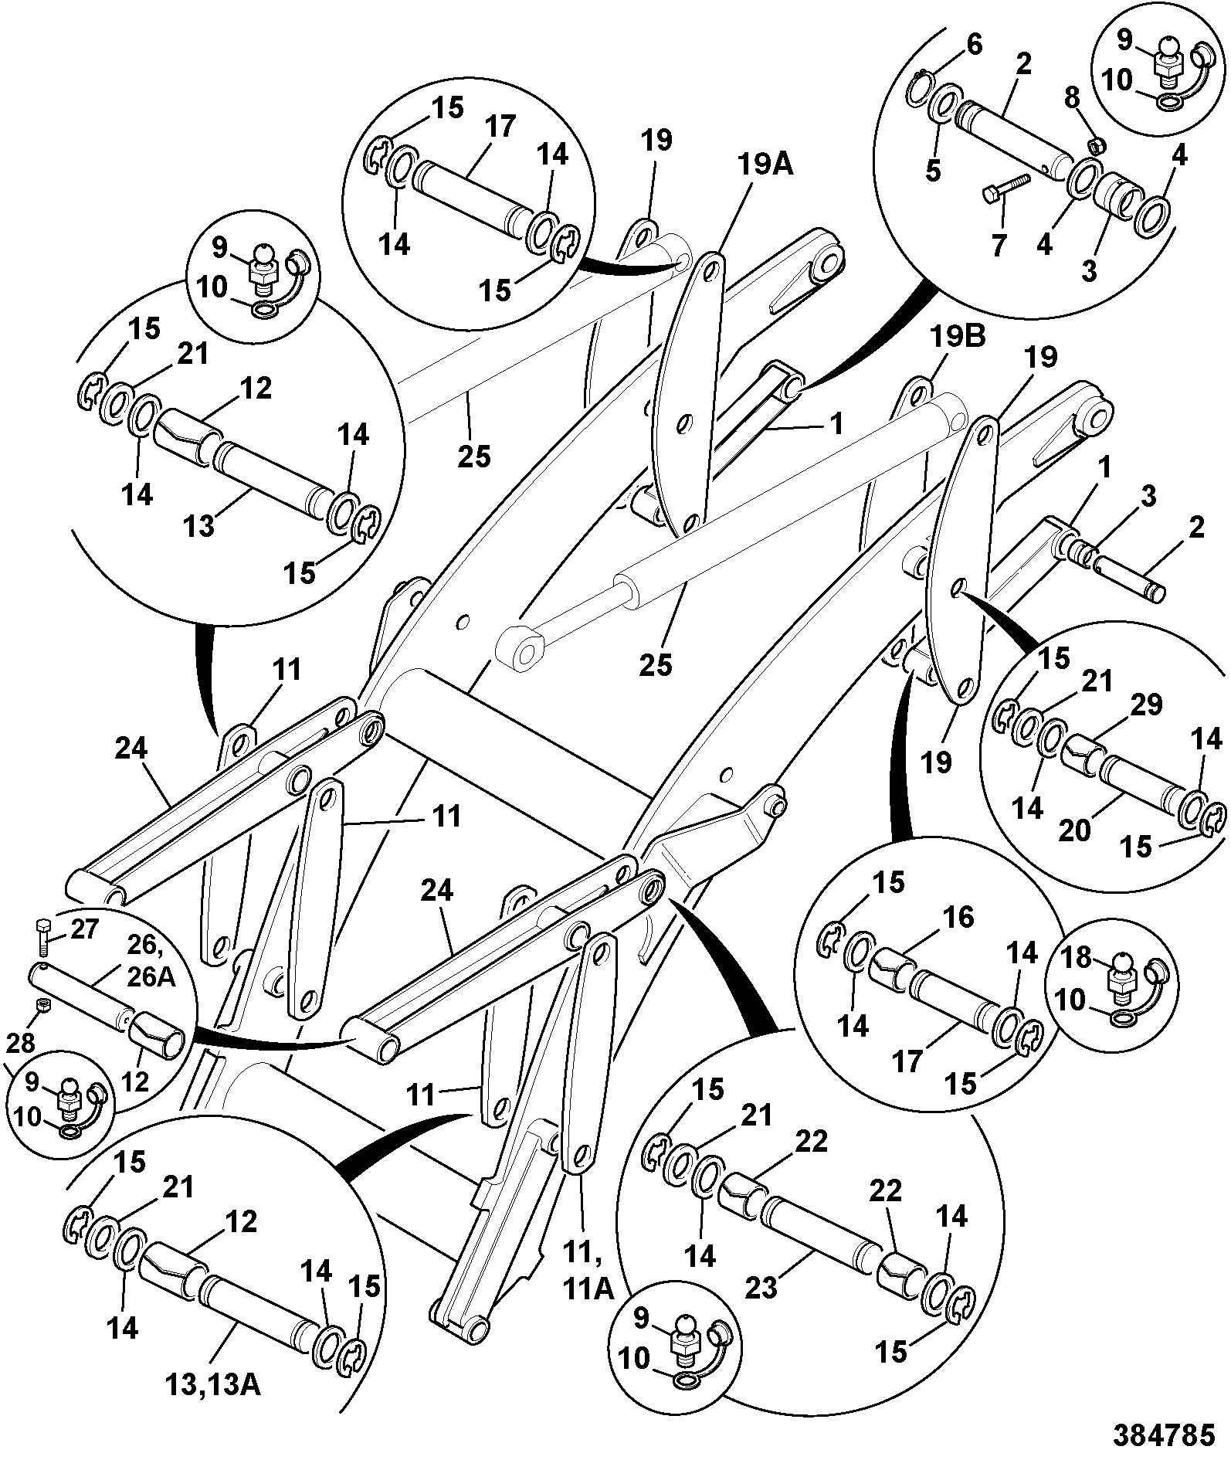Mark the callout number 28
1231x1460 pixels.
21,1043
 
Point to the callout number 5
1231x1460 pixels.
934,171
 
